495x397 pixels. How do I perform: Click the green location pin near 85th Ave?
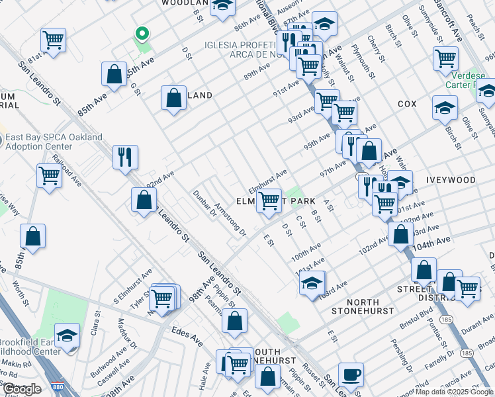point(141,34)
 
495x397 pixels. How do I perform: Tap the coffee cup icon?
point(351,375)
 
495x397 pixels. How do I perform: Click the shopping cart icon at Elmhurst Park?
point(268,200)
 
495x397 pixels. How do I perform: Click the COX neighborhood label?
point(407,105)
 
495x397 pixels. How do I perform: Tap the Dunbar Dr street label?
point(204,204)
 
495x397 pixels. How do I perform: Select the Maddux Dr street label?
point(127,333)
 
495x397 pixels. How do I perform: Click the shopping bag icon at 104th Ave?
point(400,234)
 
